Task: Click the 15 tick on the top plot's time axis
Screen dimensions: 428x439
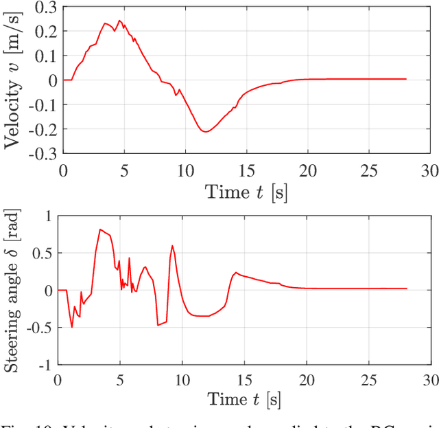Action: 246,169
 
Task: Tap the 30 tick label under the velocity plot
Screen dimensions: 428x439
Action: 429,169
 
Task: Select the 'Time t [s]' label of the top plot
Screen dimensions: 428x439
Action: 246,191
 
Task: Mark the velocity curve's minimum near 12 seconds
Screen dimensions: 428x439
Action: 205,131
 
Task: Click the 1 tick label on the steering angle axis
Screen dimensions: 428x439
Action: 49,216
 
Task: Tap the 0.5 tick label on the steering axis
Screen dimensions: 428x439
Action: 43,253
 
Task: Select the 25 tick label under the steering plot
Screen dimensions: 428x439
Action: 369,380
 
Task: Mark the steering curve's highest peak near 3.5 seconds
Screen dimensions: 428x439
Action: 100,229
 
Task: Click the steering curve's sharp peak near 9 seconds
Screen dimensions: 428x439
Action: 172,245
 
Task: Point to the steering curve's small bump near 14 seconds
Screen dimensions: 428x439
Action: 235,272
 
